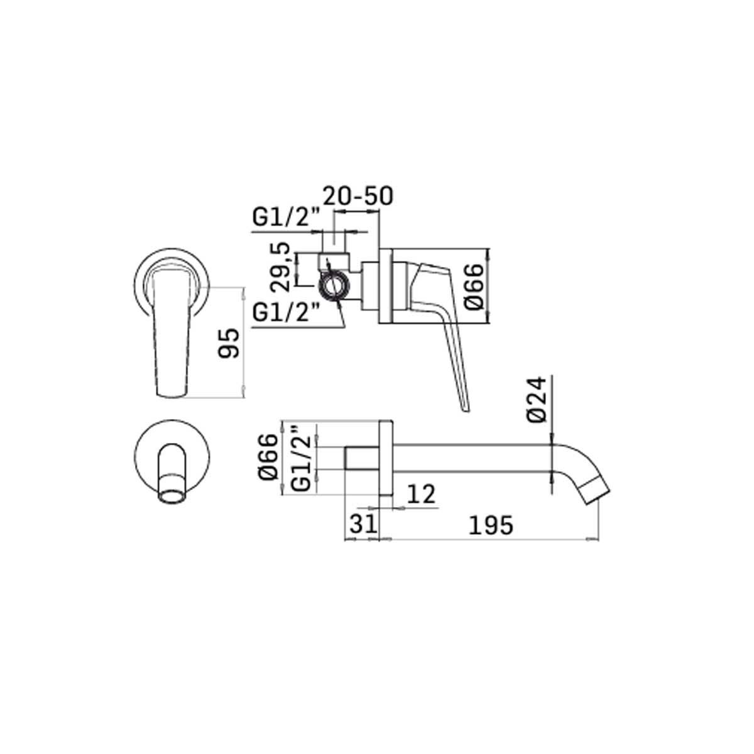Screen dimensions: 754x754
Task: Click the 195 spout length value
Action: pyautogui.click(x=491, y=525)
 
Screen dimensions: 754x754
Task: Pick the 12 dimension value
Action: pyautogui.click(x=421, y=494)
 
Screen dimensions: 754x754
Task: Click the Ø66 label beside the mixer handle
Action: pyautogui.click(x=476, y=286)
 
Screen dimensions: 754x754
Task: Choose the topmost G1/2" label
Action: pyautogui.click(x=287, y=218)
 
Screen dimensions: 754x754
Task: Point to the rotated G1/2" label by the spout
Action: pyautogui.click(x=303, y=457)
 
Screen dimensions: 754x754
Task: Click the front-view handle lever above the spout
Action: pyautogui.click(x=170, y=333)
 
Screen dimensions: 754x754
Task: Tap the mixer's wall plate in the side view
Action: pyautogui.click(x=385, y=287)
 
